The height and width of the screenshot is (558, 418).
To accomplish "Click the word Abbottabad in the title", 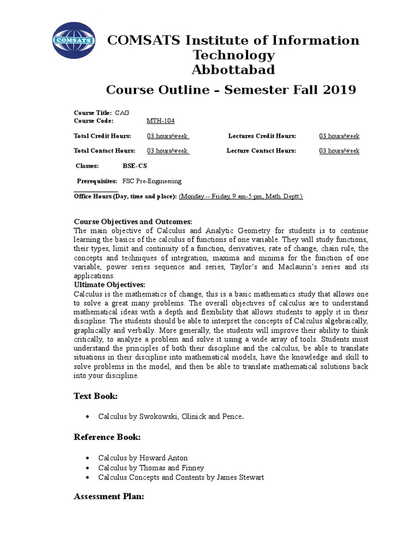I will coord(233,70).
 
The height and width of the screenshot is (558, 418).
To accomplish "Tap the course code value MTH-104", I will coord(161,120).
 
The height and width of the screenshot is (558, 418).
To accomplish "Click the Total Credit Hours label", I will coord(102,136).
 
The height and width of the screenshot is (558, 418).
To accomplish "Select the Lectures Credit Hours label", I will coord(262,136).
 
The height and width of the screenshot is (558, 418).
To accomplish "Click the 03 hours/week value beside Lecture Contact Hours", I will coord(339,151).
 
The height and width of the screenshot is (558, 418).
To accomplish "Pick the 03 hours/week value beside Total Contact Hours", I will coord(168,151).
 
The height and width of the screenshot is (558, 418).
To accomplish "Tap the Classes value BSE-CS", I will coord(135,166).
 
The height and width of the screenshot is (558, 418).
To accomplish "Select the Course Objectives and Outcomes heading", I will coord(133,222).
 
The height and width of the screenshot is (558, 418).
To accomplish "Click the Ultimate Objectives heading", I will coord(109,285).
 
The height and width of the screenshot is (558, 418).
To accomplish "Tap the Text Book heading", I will coord(96,396).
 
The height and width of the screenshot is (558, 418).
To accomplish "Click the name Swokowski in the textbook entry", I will coord(149,416).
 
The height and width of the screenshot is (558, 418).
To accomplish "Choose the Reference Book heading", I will coord(107,437).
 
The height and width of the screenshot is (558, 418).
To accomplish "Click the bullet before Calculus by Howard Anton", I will coord(88,458).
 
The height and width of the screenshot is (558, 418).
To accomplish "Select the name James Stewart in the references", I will coord(242,477).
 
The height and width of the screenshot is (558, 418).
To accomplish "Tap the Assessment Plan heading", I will coord(109,497).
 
